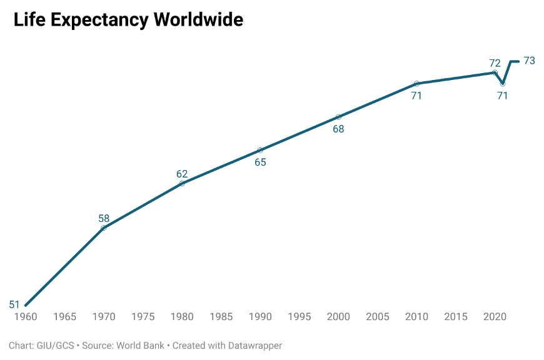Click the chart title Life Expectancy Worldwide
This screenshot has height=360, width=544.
(x=128, y=19)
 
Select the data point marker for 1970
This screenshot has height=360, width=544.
(x=104, y=227)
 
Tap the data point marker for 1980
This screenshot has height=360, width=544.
(x=182, y=183)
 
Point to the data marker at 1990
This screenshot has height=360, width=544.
(x=260, y=150)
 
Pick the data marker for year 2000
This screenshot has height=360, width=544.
(x=338, y=117)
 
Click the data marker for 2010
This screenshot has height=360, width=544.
(x=416, y=84)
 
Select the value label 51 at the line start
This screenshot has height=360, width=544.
(x=14, y=305)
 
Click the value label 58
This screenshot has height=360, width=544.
(x=104, y=219)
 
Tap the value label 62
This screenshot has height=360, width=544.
(x=182, y=174)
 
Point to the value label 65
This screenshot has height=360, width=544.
(x=260, y=162)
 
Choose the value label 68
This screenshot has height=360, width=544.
(x=338, y=129)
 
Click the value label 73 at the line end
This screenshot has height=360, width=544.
(x=529, y=61)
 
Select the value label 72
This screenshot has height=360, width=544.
(x=495, y=63)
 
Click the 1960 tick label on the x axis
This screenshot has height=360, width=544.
(x=26, y=317)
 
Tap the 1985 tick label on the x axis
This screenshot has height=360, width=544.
(x=221, y=317)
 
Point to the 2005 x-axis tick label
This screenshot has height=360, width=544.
(x=378, y=317)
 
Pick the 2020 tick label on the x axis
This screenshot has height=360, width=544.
(x=495, y=317)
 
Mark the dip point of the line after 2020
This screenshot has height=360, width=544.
(x=503, y=84)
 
